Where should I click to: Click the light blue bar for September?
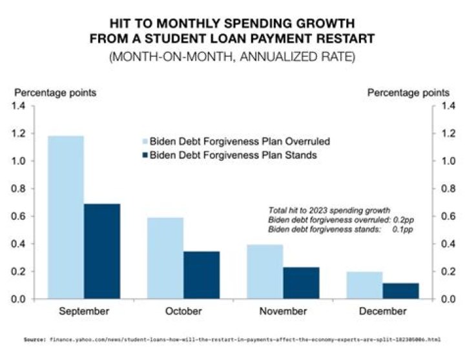click(x=66, y=217)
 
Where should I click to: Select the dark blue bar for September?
click(x=102, y=251)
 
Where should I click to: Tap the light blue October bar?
click(x=165, y=258)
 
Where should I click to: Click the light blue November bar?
click(x=265, y=271)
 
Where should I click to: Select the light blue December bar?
click(x=364, y=285)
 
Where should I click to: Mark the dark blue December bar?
click(x=400, y=291)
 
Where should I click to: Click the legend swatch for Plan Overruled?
click(x=145, y=142)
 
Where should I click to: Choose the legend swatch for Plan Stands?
click(x=145, y=155)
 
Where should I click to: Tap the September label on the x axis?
click(x=84, y=312)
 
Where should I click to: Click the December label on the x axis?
click(x=382, y=312)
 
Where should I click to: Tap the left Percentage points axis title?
click(x=56, y=92)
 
